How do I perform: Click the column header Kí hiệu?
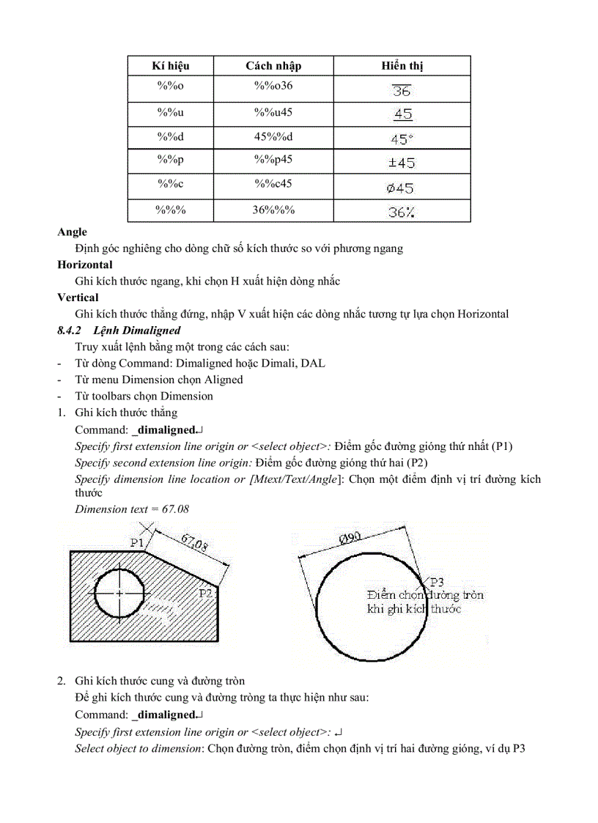tap(170, 66)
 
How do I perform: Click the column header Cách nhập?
tap(273, 66)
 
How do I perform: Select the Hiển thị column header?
tap(402, 66)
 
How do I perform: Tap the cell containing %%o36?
tap(273, 86)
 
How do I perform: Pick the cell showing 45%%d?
tap(273, 137)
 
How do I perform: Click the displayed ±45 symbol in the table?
tap(402, 163)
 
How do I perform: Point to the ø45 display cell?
tap(401, 188)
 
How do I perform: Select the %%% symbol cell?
tap(170, 210)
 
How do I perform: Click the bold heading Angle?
tap(72, 232)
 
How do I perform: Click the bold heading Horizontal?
tap(85, 265)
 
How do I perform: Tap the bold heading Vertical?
tap(78, 298)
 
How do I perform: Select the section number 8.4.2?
tap(69, 331)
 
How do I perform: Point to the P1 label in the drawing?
tap(137, 542)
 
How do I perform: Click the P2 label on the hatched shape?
tap(206, 593)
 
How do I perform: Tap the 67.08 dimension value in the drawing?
tap(193, 544)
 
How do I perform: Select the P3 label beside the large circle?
tap(437, 582)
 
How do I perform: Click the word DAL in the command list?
tap(317, 363)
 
